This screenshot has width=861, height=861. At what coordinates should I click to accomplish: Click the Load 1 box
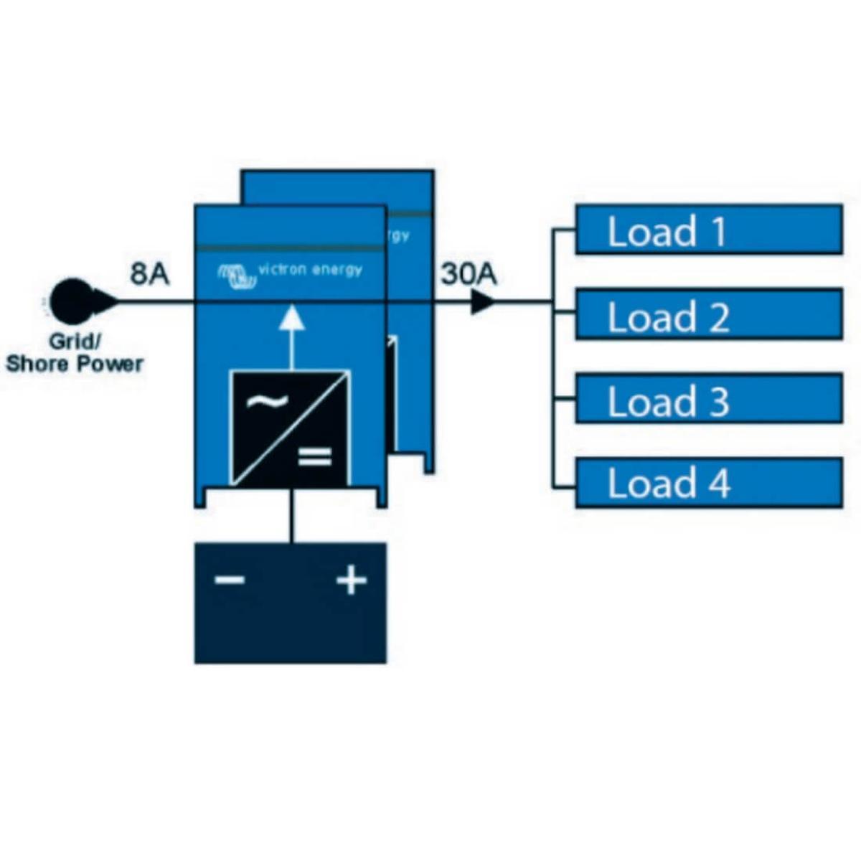click(x=709, y=230)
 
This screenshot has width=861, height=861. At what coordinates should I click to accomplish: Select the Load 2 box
click(x=709, y=314)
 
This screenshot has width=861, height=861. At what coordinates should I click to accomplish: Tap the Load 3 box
click(x=709, y=399)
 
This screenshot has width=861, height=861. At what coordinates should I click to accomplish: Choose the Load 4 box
click(x=709, y=483)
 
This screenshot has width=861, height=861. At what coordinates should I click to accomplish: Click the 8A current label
click(x=149, y=273)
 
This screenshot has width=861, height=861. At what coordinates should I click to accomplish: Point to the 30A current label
click(x=469, y=274)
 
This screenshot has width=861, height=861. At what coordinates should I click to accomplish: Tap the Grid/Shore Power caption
click(x=75, y=353)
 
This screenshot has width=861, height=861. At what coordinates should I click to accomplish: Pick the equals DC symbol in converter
click(x=315, y=456)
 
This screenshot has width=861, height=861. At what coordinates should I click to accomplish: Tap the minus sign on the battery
click(x=230, y=580)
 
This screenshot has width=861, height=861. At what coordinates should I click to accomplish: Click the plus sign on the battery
click(x=352, y=579)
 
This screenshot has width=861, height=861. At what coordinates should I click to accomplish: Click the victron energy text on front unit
click(x=310, y=270)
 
